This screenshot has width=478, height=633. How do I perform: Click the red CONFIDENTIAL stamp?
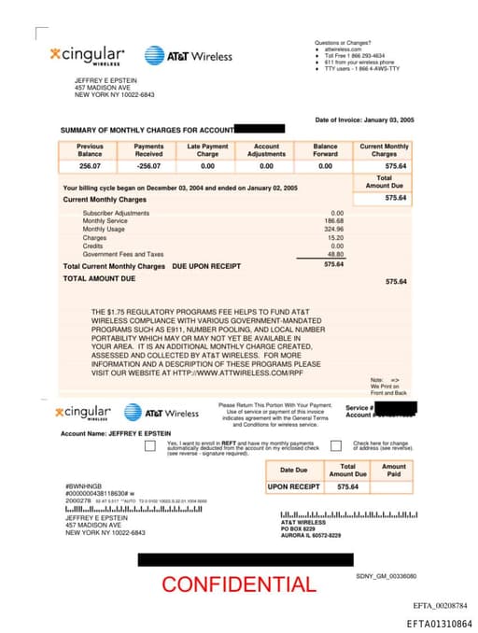coord(238,584)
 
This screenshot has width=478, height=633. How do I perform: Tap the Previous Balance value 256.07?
coord(90,165)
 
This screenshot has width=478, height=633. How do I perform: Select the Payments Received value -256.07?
coord(148,165)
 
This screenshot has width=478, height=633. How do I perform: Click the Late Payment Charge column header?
coord(207,150)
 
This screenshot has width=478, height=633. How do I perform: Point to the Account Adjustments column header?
coord(266,150)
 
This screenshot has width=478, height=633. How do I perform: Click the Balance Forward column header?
coord(325,150)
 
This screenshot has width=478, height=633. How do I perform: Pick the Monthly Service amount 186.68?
coord(333,221)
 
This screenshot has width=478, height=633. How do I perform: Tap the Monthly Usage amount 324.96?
coord(333,229)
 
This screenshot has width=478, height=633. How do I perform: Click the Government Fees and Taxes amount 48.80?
coord(335,254)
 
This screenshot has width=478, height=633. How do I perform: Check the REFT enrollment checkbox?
coord(150,446)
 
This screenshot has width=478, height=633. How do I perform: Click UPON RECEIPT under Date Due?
coord(294,486)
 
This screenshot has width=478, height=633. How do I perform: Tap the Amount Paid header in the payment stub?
coord(394,471)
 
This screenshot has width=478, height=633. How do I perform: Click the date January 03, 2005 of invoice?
coord(388,120)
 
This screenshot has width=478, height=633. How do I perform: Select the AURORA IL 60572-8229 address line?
coord(311,535)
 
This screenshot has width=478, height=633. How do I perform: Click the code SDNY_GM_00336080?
coord(386,576)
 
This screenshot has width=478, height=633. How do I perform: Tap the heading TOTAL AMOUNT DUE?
coord(99,278)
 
